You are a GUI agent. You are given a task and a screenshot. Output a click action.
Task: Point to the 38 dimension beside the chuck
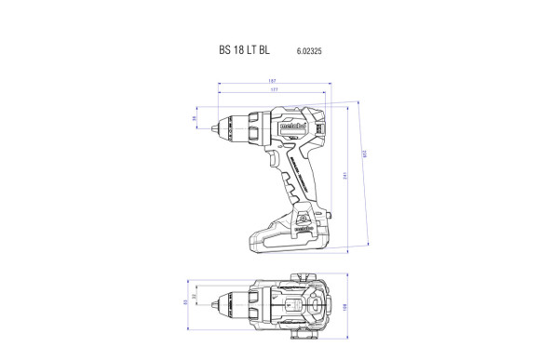coord(195,119)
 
